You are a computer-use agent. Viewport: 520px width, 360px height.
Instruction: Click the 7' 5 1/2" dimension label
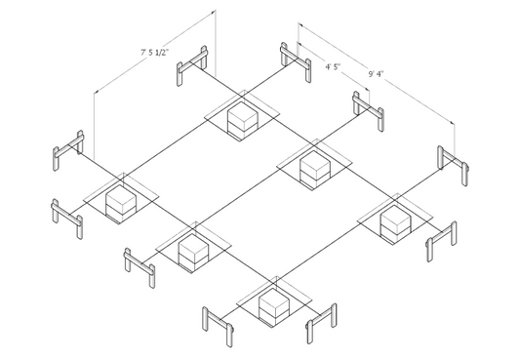click(154, 53)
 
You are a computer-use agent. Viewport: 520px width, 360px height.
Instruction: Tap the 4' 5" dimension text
click(333, 67)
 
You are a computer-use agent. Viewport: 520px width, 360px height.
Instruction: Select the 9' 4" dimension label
click(376, 73)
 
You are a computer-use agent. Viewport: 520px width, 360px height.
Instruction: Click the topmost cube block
click(242, 120)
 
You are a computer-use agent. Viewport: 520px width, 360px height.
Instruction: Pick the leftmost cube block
click(121, 203)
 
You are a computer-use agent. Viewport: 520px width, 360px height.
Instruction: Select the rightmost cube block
click(396, 223)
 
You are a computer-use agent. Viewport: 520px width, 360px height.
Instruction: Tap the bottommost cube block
click(274, 306)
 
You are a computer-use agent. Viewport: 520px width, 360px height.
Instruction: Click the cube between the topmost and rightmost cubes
click(315, 170)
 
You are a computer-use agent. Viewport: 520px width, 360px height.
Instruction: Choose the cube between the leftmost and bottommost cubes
click(194, 253)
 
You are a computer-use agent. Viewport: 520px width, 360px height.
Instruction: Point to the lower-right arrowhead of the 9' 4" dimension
click(453, 122)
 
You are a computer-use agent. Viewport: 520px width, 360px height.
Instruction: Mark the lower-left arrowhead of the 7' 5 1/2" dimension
click(97, 91)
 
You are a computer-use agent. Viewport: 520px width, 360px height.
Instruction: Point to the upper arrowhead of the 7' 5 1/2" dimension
click(214, 12)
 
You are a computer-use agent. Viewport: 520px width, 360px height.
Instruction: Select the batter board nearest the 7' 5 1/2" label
click(192, 65)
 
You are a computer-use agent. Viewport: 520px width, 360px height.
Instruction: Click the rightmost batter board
click(453, 165)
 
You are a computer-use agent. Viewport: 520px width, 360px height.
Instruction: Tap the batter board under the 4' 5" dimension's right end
click(369, 111)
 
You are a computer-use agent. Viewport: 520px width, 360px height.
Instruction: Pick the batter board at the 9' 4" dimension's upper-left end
click(296, 62)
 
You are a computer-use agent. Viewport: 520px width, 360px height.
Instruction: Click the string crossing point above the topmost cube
click(242, 97)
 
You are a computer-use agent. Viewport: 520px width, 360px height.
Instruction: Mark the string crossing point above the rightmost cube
click(395, 200)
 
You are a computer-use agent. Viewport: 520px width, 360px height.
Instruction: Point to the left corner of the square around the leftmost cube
click(83, 200)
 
